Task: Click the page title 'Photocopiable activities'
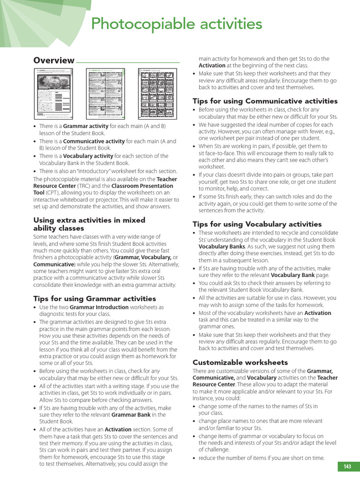(176, 23)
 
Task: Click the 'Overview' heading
(54, 60)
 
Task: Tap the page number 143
(347, 466)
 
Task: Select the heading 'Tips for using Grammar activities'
(95, 299)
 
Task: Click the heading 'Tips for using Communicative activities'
(265, 101)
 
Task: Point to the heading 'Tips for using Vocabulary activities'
(257, 224)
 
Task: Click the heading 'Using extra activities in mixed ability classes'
(89, 224)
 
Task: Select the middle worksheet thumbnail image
(106, 93)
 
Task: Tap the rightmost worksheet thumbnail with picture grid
(157, 93)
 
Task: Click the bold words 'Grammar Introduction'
(99, 307)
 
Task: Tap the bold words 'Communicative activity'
(94, 141)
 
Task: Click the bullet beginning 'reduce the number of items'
(262, 458)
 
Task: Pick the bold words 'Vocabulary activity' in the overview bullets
(88, 156)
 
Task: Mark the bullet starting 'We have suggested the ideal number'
(265, 132)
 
